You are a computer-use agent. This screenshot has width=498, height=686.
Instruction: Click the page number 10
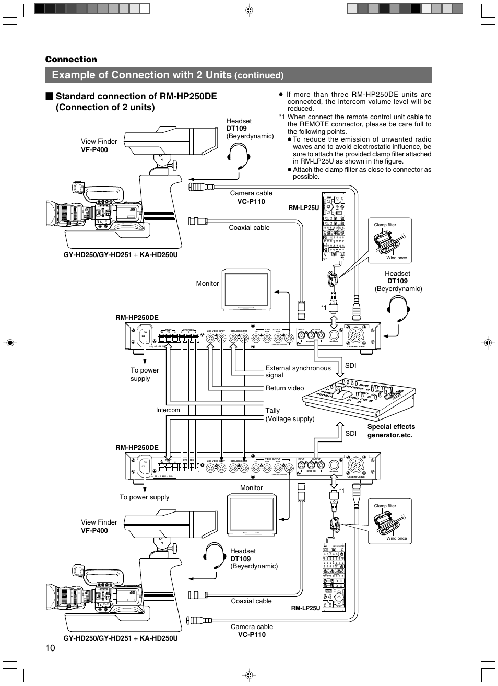(50, 648)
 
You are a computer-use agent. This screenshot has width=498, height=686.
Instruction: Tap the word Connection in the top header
(71, 60)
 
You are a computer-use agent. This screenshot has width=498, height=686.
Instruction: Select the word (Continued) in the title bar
(259, 76)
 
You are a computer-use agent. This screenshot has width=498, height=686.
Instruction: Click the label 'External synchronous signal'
(298, 371)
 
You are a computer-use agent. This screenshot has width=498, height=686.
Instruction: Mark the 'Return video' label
(284, 388)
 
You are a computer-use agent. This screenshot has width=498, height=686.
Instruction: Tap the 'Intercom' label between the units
(168, 410)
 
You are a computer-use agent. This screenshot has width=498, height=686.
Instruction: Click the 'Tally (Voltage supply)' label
(290, 415)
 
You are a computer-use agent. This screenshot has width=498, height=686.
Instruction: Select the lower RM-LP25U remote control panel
(334, 577)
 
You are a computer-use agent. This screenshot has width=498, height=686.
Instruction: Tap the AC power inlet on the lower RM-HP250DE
(143, 466)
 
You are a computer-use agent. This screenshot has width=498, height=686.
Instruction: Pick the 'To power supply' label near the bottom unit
(144, 497)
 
